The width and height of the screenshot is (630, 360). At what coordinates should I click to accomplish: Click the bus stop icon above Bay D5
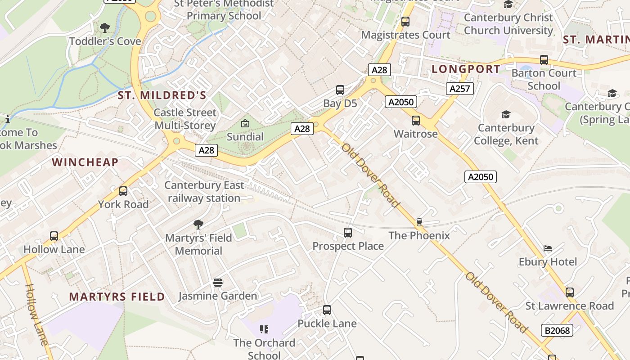pyautogui.click(x=340, y=90)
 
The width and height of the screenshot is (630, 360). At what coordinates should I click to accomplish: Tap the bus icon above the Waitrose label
pyautogui.click(x=416, y=121)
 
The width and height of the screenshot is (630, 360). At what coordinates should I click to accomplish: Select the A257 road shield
pyautogui.click(x=460, y=89)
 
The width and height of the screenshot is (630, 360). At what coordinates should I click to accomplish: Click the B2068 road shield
pyautogui.click(x=557, y=330)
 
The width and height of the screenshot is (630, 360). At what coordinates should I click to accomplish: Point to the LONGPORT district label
pyautogui.click(x=466, y=69)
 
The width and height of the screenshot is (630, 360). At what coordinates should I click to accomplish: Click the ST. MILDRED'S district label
pyautogui.click(x=162, y=95)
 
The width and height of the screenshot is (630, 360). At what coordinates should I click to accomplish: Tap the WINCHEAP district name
pyautogui.click(x=85, y=162)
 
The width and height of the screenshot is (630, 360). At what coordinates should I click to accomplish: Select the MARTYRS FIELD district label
pyautogui.click(x=117, y=297)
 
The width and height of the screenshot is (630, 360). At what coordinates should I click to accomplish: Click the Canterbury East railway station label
pyautogui.click(x=204, y=192)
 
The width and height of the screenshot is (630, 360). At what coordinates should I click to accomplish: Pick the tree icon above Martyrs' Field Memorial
pyautogui.click(x=198, y=225)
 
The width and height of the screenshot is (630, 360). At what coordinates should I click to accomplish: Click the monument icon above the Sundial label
pyautogui.click(x=245, y=123)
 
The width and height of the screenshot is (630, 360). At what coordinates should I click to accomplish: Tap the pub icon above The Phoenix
pyautogui.click(x=419, y=222)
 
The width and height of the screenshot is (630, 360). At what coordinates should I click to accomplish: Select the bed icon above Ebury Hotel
pyautogui.click(x=548, y=248)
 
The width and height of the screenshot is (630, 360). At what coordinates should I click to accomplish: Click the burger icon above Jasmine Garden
pyautogui.click(x=218, y=283)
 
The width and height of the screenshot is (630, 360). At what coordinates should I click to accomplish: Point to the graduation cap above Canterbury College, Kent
pyautogui.click(x=506, y=115)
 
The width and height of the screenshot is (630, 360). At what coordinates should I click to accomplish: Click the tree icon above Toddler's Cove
pyautogui.click(x=105, y=28)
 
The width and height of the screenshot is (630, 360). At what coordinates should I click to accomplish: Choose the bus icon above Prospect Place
pyautogui.click(x=348, y=233)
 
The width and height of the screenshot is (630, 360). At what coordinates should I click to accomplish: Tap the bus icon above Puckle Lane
pyautogui.click(x=327, y=310)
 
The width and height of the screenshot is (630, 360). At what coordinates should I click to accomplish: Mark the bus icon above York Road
pyautogui.click(x=123, y=191)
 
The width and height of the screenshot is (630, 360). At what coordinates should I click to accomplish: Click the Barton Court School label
pyautogui.click(x=544, y=79)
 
